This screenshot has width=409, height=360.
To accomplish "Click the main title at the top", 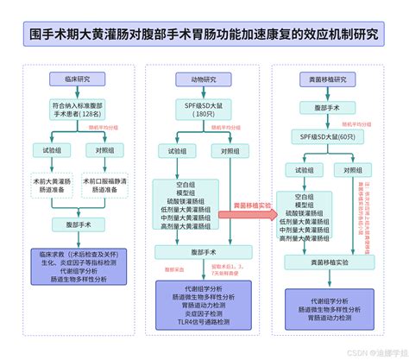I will [x=204, y=38].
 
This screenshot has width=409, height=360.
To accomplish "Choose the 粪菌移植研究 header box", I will [x=327, y=79].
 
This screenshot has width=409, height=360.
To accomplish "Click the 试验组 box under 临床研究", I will [x=54, y=149].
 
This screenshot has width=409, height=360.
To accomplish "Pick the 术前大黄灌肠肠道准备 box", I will [x=54, y=186].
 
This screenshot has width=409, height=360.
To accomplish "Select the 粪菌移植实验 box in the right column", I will [x=327, y=260].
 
